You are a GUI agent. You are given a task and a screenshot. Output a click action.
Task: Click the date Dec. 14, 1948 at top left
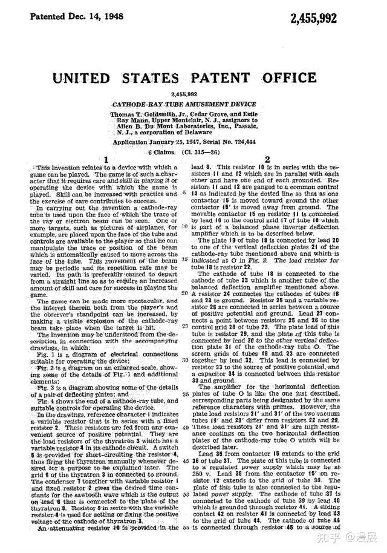(x=90, y=14)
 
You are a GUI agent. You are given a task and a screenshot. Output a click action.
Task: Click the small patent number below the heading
(x=184, y=95)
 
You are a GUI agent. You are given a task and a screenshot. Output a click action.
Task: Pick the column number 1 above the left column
(x=105, y=161)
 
